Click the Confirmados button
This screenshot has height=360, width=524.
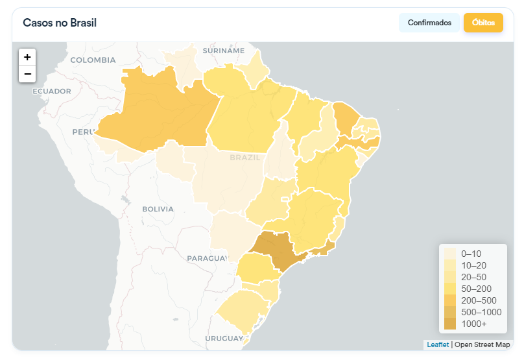point(429,23)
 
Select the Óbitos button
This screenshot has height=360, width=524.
point(483,23)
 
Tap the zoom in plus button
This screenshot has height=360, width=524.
point(27,57)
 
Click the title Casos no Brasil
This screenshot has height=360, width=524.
point(60,23)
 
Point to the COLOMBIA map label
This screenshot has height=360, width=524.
point(93,60)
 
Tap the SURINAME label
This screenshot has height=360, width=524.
point(224,51)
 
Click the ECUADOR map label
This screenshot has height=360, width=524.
point(52,91)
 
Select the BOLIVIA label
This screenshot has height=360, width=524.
point(158,209)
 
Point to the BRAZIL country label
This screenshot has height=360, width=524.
point(244,158)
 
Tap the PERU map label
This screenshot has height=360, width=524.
point(83,132)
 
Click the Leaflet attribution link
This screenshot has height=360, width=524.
point(438,344)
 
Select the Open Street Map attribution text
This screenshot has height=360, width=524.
point(482,344)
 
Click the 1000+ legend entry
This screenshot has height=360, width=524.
point(473,324)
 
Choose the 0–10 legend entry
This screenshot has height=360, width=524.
point(471,254)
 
